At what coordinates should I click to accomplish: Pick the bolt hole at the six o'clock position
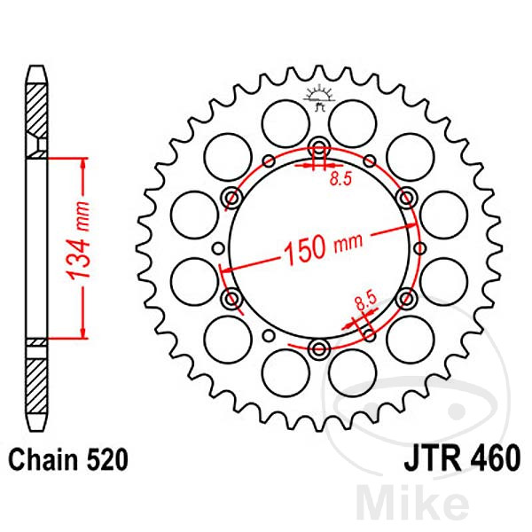tap(319, 346)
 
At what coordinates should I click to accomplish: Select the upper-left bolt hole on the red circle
tap(232, 196)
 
